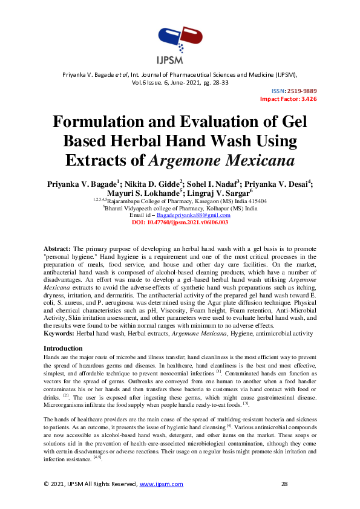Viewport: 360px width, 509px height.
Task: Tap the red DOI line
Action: point(180,222)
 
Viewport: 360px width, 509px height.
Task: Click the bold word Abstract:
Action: point(57,249)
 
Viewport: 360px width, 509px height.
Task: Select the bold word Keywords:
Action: point(59,334)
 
